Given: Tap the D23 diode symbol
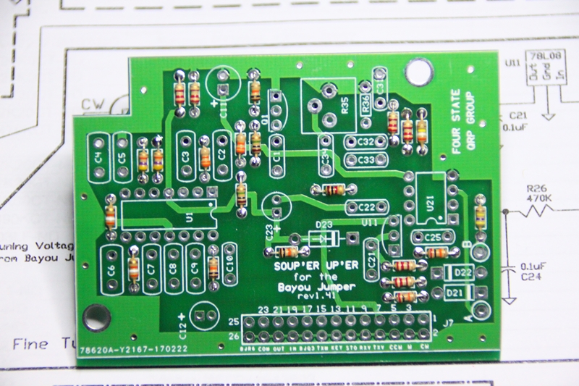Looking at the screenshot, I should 319,238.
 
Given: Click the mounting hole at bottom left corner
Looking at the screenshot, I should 93,315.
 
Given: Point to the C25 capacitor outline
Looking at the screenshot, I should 433,236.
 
